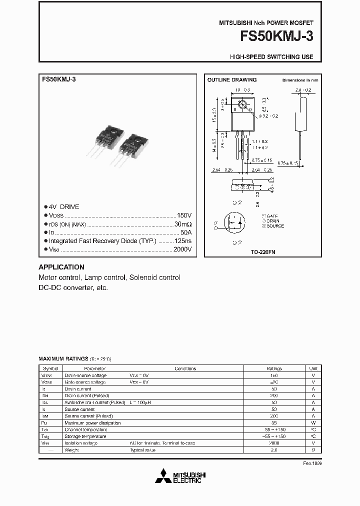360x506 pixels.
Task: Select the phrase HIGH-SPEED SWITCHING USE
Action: pyautogui.click(x=271, y=57)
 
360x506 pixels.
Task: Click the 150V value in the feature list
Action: pyautogui.click(x=184, y=215)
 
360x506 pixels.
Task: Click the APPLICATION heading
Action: pyautogui.click(x=61, y=267)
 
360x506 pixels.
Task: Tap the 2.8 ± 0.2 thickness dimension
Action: pyautogui.click(x=303, y=90)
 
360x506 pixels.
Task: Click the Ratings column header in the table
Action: pyautogui.click(x=273, y=368)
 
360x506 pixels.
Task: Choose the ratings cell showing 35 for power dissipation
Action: pyautogui.click(x=273, y=423)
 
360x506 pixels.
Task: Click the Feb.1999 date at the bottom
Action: pyautogui.click(x=312, y=464)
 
